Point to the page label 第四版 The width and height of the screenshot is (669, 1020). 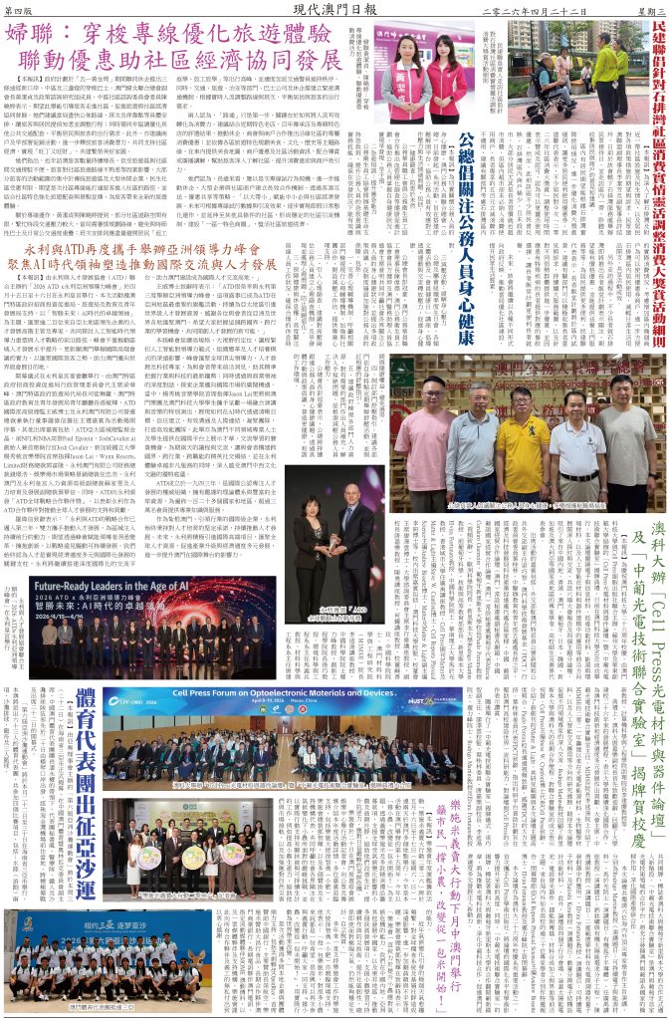pyautogui.click(x=23, y=10)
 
